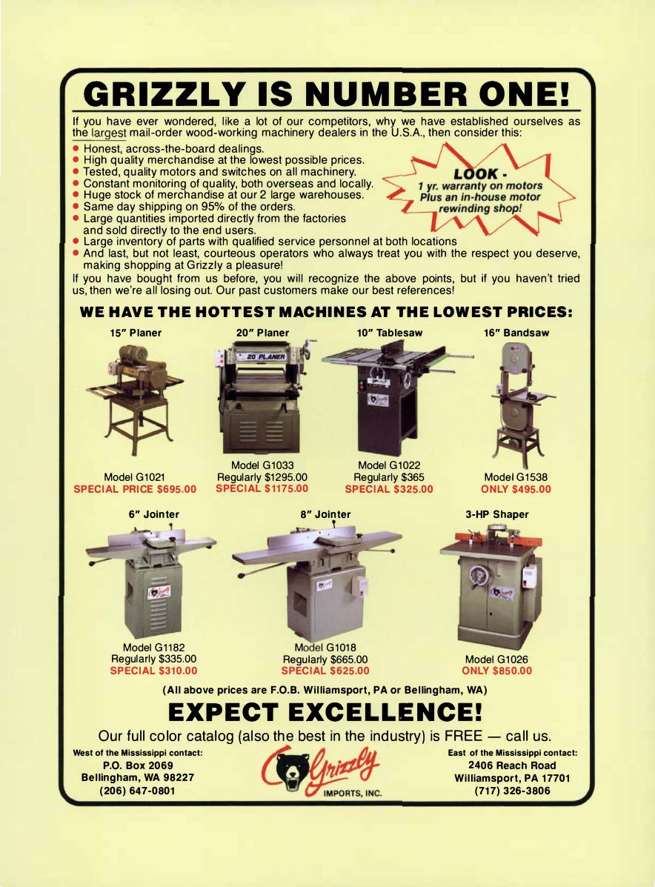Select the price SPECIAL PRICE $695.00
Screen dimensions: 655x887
(135, 489)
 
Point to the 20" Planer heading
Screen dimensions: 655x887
(262, 333)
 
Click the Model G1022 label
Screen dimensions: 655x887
(389, 465)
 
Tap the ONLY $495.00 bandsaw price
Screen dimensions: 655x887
(516, 489)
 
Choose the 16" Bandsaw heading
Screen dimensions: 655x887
(516, 333)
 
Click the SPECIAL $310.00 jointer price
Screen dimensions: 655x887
(154, 671)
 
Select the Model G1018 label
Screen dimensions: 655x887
(325, 648)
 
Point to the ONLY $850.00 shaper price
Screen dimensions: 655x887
(497, 671)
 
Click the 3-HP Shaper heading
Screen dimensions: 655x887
(497, 515)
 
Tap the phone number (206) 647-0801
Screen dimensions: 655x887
(138, 791)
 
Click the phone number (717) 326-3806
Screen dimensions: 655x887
(513, 791)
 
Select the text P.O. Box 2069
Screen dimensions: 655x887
(138, 765)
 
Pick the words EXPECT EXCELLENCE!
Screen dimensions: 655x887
(325, 711)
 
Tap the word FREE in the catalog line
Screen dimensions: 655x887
(463, 737)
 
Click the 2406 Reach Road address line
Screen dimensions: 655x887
(513, 765)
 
